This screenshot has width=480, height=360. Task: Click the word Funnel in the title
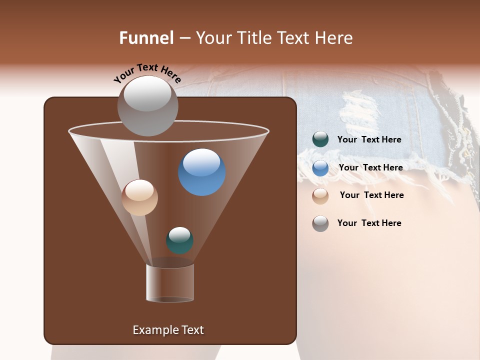(x=146, y=38)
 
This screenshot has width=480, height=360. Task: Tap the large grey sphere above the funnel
(x=147, y=105)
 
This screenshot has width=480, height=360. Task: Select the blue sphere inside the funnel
(x=202, y=172)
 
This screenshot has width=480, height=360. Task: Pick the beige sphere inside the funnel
(x=139, y=197)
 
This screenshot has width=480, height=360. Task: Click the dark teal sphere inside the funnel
(x=179, y=240)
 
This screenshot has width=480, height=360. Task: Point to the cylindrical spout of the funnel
(x=170, y=283)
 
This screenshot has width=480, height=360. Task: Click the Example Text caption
(x=168, y=330)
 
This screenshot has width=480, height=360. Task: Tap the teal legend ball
(x=320, y=139)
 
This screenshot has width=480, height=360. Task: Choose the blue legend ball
(x=320, y=168)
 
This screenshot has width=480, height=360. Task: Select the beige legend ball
(x=320, y=195)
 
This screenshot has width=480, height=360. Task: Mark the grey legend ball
(x=320, y=223)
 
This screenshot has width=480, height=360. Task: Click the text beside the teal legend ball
(x=369, y=139)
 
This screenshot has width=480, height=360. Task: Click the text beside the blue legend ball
(x=370, y=167)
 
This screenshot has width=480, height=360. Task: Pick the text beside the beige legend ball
(x=371, y=195)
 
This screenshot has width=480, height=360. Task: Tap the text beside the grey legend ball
(x=369, y=223)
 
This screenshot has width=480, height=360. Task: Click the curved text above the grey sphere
(x=147, y=72)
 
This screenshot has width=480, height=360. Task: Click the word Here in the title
(x=335, y=38)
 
